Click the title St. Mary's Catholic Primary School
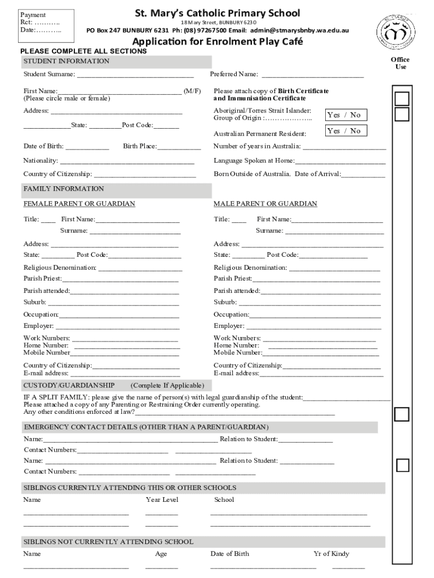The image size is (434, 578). tap(217, 13)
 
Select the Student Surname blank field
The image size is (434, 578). tap(135, 75)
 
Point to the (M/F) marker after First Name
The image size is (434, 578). tap(192, 91)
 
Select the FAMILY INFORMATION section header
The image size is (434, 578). tap(64, 189)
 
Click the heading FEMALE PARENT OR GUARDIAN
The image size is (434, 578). tap(79, 204)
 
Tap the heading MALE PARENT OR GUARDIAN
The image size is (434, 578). tap(265, 204)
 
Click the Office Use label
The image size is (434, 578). tap(400, 63)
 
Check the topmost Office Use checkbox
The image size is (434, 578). tap(402, 99)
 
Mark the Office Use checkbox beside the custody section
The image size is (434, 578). tap(402, 414)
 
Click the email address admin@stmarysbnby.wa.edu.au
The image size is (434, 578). tap(299, 30)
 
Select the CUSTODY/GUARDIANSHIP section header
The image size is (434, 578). tap(69, 386)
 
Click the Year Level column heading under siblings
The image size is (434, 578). tap(162, 500)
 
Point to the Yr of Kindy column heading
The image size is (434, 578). tap(331, 554)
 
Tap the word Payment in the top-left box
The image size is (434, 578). tap(33, 15)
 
